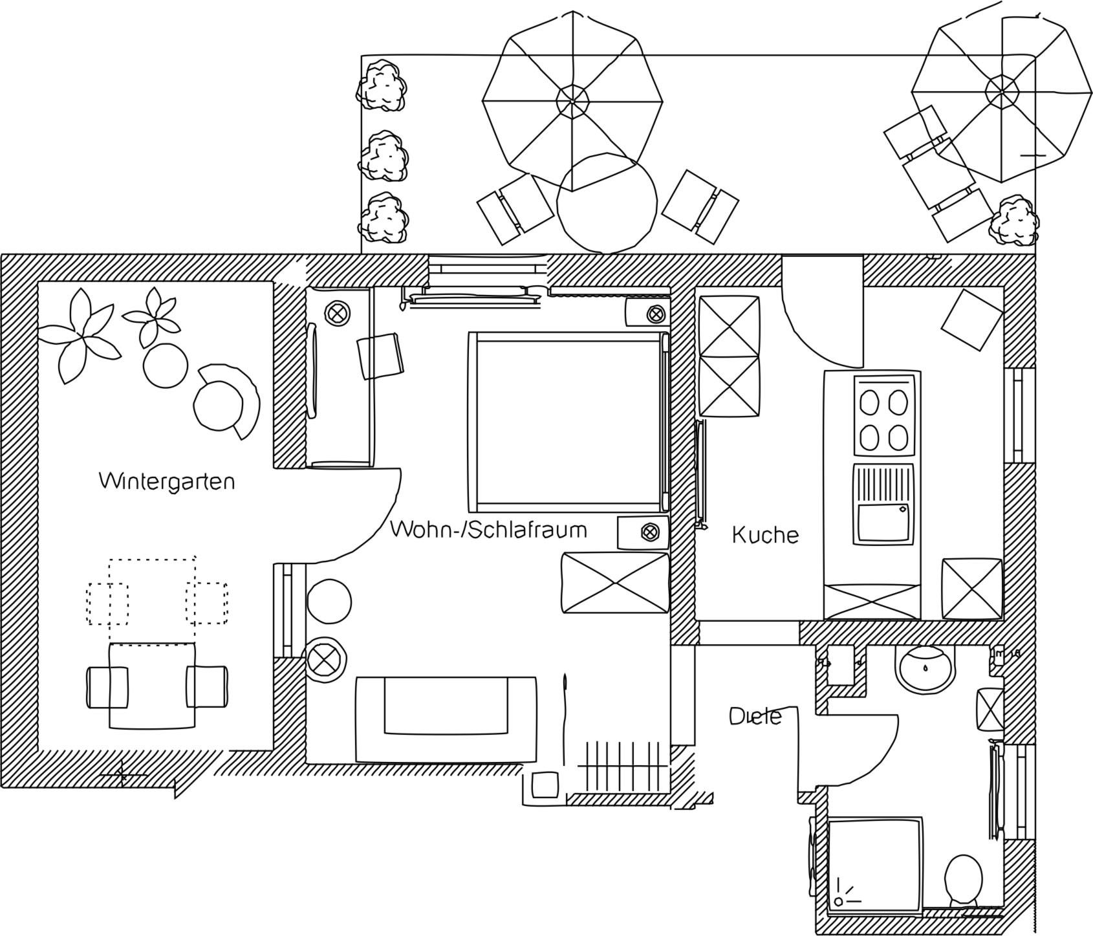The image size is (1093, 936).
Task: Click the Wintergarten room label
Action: point(166,481)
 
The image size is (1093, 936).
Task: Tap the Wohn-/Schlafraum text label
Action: point(488,530)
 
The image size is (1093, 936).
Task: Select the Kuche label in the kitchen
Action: point(765,535)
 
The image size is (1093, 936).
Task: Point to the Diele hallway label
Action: point(755,716)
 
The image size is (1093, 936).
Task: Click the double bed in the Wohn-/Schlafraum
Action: point(568,421)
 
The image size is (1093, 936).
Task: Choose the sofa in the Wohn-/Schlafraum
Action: point(446,719)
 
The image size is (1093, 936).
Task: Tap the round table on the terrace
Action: point(607,202)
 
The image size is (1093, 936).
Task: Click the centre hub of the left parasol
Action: point(573,101)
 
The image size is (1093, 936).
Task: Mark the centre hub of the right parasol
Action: point(1002,90)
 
